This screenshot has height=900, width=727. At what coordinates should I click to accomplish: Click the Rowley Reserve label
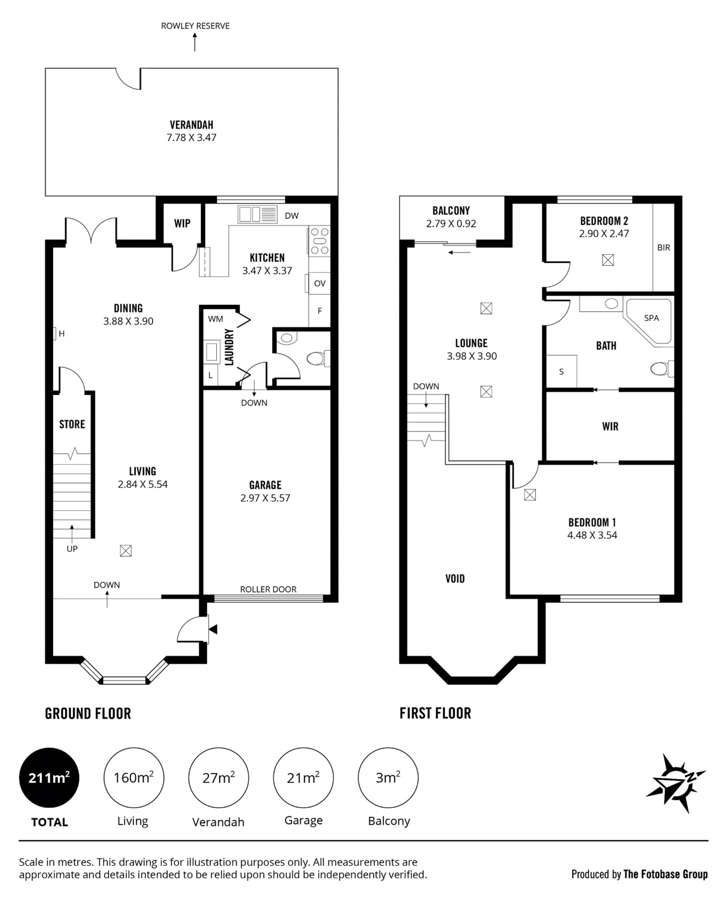click(195, 26)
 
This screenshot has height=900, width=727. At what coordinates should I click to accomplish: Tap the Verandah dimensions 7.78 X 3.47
click(191, 137)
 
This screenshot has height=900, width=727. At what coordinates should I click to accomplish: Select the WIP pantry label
click(182, 223)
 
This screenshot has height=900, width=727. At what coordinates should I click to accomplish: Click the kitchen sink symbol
click(257, 214)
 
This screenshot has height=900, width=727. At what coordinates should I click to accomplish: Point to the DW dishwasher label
click(292, 216)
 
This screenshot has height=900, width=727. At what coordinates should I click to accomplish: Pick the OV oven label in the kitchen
click(320, 283)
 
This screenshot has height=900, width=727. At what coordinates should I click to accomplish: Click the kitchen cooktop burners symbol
click(319, 241)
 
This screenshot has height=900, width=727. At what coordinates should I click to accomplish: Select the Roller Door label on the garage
click(268, 589)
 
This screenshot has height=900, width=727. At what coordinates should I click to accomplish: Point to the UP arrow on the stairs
click(72, 534)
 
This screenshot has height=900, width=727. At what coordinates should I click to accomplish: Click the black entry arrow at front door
click(213, 629)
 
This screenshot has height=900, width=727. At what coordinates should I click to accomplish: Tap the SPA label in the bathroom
click(651, 318)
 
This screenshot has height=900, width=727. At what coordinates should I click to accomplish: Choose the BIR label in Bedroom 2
click(663, 248)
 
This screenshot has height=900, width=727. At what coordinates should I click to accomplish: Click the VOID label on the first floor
click(455, 579)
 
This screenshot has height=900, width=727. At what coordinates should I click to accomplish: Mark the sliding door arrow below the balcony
click(459, 253)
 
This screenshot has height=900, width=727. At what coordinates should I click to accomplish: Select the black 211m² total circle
click(49, 778)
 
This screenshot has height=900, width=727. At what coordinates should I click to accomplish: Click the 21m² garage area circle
click(303, 778)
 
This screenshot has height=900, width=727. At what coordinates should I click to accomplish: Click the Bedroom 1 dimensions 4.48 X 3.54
click(592, 535)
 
